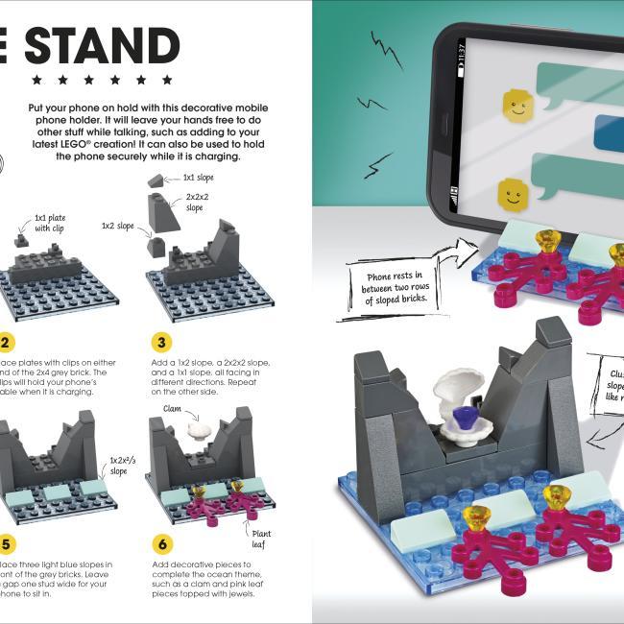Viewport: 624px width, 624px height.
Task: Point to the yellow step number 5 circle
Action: [5, 543]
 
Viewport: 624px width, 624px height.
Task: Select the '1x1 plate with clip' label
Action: [51, 224]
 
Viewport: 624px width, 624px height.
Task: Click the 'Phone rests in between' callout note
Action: [393, 279]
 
